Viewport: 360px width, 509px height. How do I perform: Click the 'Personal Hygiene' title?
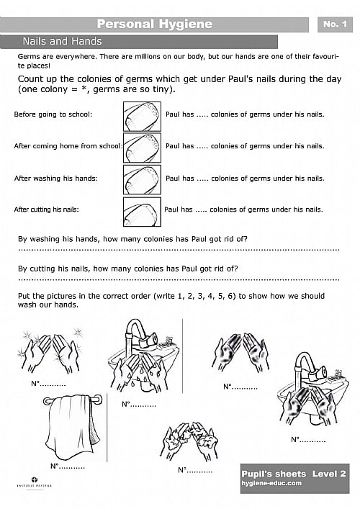[154, 24]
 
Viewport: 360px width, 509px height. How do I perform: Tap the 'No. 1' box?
[335, 24]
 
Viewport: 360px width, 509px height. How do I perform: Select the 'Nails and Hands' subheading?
[62, 42]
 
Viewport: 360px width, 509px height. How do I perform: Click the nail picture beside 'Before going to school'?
[142, 114]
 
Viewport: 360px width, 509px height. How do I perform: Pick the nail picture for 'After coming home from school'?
[142, 146]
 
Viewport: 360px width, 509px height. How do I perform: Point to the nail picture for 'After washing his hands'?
[142, 179]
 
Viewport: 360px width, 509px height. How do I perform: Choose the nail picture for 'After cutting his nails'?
[142, 211]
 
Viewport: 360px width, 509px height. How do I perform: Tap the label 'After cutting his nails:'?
[46, 210]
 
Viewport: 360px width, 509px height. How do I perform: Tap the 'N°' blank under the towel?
[68, 467]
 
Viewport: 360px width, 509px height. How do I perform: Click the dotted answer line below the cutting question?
[178, 279]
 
